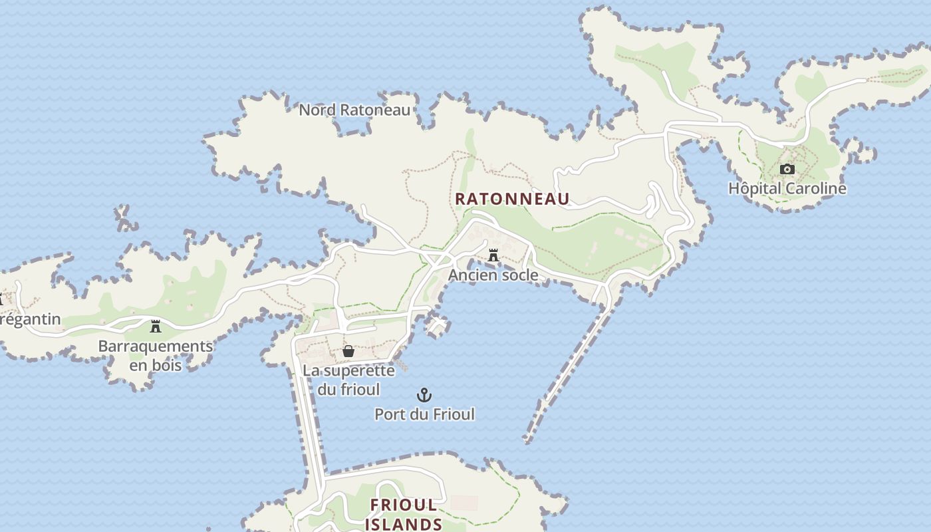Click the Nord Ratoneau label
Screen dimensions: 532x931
pos(354,110)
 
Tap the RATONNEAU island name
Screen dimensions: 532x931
pos(512,199)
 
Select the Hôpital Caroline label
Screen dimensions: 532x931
pos(787,189)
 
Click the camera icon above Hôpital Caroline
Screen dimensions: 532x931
pos(787,170)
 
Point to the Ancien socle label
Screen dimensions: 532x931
pos(493,275)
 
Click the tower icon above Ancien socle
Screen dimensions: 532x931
pos(493,255)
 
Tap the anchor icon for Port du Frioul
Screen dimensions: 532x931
pos(424,396)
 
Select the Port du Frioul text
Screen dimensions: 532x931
pos(424,414)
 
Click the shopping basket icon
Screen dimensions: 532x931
pos(348,351)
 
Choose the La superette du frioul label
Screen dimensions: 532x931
pos(348,380)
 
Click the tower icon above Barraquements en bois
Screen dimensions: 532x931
pos(156,326)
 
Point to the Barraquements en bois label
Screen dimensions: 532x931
pos(156,356)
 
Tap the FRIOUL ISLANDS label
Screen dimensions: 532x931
pos(404,514)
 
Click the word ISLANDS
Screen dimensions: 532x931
pos(404,524)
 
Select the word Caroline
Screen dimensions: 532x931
pos(815,189)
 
